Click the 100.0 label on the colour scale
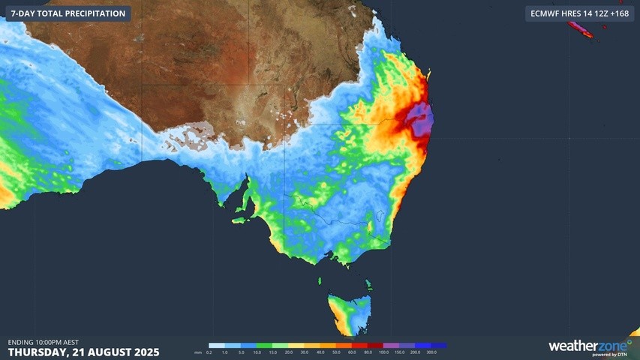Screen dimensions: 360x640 [x=383, y=352]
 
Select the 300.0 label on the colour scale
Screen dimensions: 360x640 [x=431, y=352]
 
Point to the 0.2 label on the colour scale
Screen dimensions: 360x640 [x=209, y=352]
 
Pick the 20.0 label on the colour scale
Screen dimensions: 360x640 [x=287, y=352]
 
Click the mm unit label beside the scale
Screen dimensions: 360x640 [x=197, y=352]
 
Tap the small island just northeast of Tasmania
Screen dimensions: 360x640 [x=368, y=284]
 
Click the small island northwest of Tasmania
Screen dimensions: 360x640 [x=320, y=281]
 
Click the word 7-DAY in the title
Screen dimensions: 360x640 [x=26, y=13]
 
